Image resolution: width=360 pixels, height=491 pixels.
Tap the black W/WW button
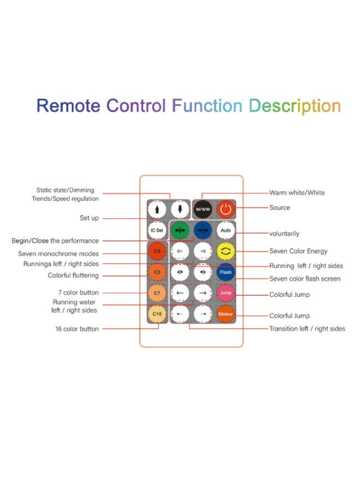click(x=202, y=209)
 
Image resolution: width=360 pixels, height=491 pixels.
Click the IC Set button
click(x=157, y=230)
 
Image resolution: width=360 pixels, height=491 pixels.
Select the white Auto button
click(x=225, y=230)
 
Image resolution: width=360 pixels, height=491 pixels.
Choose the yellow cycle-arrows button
click(x=225, y=251)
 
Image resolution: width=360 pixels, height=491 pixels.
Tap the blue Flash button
click(x=225, y=272)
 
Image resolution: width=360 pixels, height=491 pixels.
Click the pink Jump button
click(x=225, y=293)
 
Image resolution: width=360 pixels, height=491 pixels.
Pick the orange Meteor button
click(x=225, y=314)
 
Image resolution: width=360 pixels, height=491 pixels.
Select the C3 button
click(x=157, y=272)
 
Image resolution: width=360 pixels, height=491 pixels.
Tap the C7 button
click(x=157, y=293)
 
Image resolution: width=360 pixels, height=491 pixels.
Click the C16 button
click(x=157, y=314)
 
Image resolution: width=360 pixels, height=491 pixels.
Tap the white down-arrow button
click(x=180, y=209)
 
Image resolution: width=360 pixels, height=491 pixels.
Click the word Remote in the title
click(x=68, y=105)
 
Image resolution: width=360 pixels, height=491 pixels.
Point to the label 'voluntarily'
click(x=284, y=233)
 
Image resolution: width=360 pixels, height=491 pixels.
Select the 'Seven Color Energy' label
click(x=298, y=252)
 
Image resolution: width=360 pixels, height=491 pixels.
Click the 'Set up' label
click(x=89, y=218)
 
